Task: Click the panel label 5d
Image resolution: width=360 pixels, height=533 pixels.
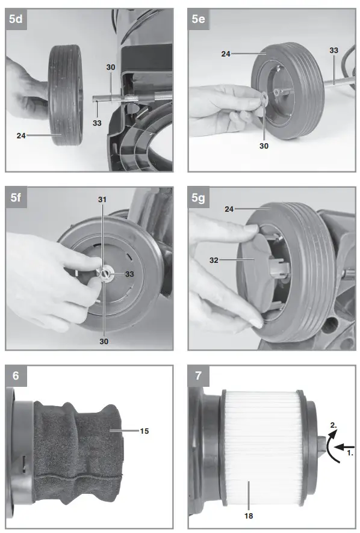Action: (16, 19)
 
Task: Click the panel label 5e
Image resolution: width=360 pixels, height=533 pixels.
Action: (199, 19)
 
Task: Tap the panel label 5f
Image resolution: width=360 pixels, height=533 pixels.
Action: (16, 197)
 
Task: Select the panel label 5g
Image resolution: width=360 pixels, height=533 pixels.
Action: (199, 198)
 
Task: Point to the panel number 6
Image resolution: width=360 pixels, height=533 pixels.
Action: (16, 375)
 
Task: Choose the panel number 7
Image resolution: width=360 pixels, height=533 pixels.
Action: (199, 375)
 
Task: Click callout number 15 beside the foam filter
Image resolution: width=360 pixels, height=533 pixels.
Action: (144, 431)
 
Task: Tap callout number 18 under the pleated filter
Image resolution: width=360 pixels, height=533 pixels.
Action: (249, 516)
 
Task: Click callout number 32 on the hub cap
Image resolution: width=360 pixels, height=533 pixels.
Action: (214, 260)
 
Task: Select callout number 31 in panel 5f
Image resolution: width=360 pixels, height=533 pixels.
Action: (102, 200)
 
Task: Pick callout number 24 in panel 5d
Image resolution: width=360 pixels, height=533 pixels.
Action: (21, 135)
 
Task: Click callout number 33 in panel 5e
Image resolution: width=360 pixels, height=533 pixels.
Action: (334, 51)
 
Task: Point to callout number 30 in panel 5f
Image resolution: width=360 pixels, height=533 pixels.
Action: (104, 341)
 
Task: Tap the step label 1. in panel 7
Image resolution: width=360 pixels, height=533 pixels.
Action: (350, 453)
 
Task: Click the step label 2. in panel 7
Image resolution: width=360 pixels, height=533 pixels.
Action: (334, 425)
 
